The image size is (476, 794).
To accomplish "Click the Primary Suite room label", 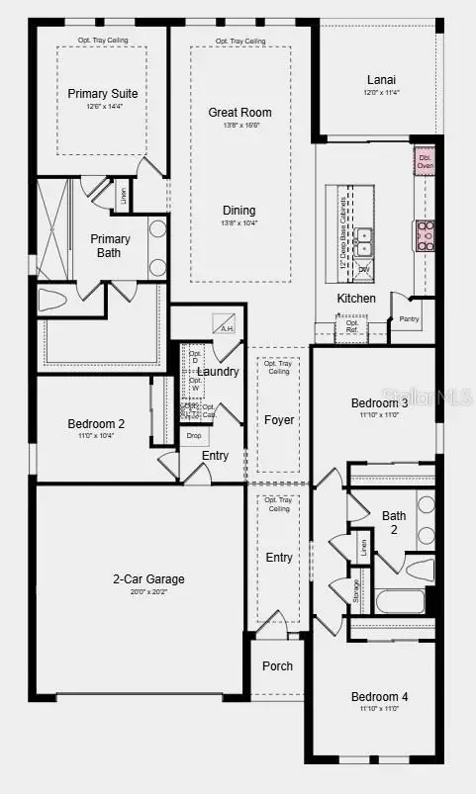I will [103, 94].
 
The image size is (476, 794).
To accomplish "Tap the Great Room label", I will [239, 113].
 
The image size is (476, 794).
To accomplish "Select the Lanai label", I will [381, 80].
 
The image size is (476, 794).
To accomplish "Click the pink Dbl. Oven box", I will [425, 162].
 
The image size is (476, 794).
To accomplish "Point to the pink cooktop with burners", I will [427, 234].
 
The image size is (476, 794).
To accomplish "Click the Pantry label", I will [409, 318].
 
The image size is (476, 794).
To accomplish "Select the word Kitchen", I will [356, 298].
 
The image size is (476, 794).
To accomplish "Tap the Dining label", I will [238, 211].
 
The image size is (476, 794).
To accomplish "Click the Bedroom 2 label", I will [96, 424].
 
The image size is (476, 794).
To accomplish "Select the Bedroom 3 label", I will [379, 403].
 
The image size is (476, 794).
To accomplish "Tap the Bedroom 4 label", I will [379, 697].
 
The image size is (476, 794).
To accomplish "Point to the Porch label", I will [277, 665].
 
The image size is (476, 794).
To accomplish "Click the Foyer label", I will [279, 420].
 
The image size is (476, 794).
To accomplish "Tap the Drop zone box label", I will [194, 436].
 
